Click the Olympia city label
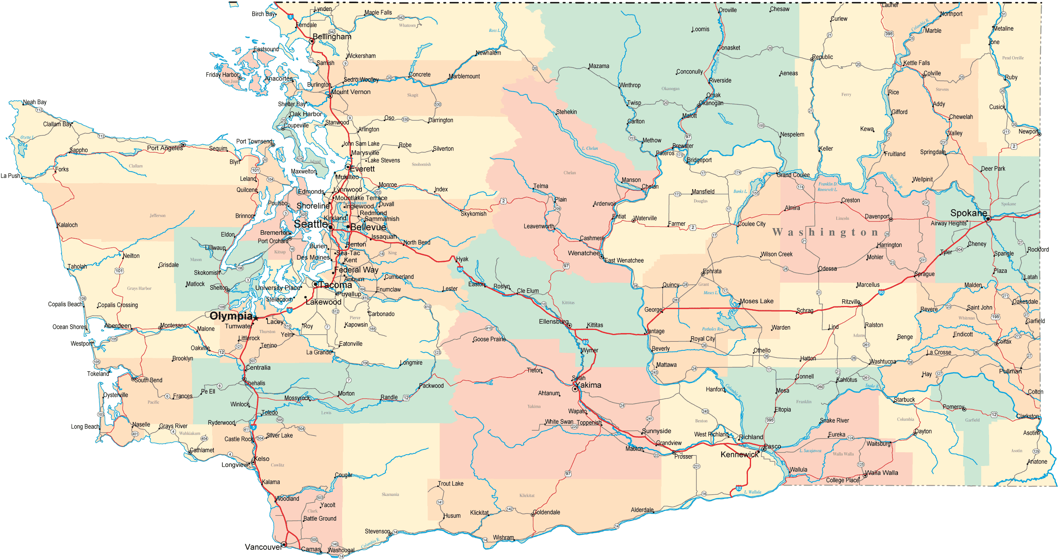pyautogui.click(x=231, y=316)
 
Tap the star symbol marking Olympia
pyautogui.click(x=256, y=318)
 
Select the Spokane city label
pyautogui.click(x=968, y=213)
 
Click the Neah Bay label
pyautogui.click(x=35, y=102)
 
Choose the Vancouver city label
pyautogui.click(x=263, y=547)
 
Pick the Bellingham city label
pyautogui.click(x=332, y=37)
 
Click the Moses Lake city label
pyautogui.click(x=757, y=301)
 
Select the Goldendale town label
pyautogui.click(x=546, y=512)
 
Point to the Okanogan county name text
pyautogui.click(x=670, y=88)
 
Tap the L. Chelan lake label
pyautogui.click(x=590, y=148)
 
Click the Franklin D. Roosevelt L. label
pyautogui.click(x=827, y=187)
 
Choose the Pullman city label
pyautogui.click(x=1010, y=371)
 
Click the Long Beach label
pyautogui.click(x=85, y=427)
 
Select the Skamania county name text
pyautogui.click(x=390, y=495)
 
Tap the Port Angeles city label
pyautogui.click(x=165, y=148)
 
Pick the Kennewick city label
pyautogui.click(x=739, y=455)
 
